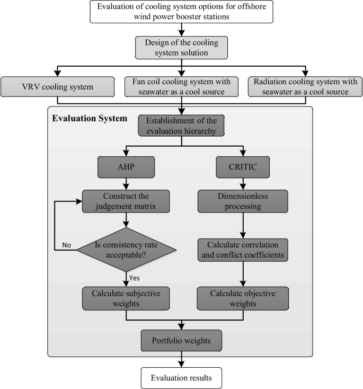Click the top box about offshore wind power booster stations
181,12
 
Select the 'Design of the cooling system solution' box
181,47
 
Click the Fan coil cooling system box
182,86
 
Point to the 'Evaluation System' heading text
89,118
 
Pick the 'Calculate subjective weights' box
126,298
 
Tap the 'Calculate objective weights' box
243,298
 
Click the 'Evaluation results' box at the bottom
182,378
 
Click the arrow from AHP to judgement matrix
126,184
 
